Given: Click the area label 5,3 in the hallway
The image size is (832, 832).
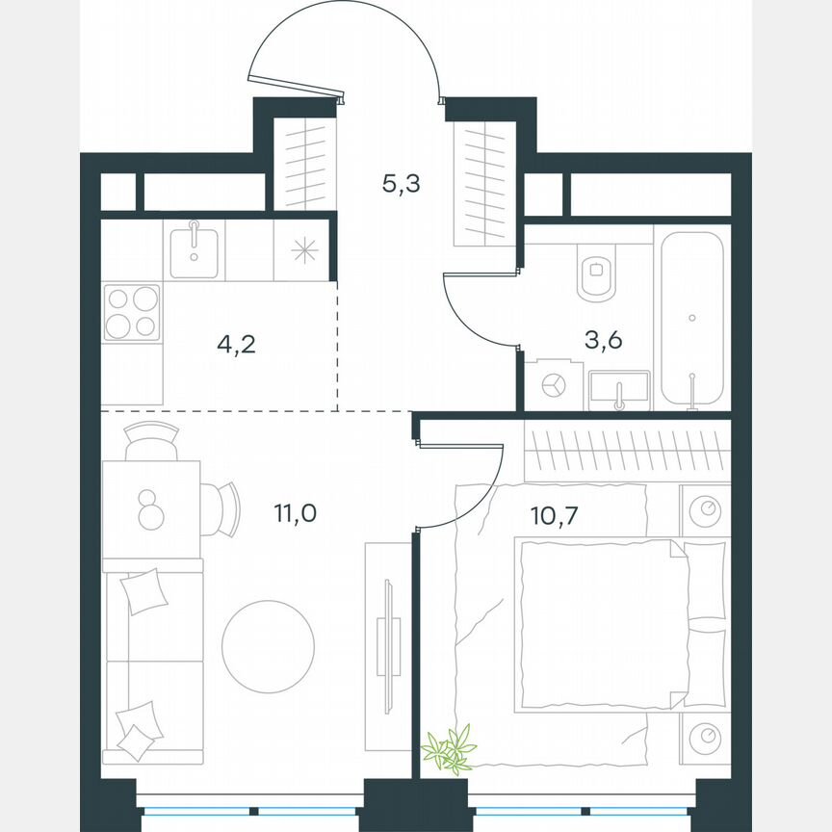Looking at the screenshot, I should pyautogui.click(x=401, y=183).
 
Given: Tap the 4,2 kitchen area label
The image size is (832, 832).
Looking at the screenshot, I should pyautogui.click(x=235, y=344).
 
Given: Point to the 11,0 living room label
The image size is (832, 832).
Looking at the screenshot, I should pyautogui.click(x=295, y=511).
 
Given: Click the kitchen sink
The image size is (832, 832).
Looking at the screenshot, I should pyautogui.click(x=194, y=248).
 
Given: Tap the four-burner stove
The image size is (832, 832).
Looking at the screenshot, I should pyautogui.click(x=131, y=312).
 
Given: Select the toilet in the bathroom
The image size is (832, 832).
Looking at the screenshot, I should pyautogui.click(x=598, y=273).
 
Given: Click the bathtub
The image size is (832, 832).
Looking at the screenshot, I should pyautogui.click(x=691, y=318).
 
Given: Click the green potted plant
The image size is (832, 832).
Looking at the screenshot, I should pyautogui.click(x=450, y=749).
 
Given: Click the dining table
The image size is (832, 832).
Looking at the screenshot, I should pyautogui.click(x=150, y=509).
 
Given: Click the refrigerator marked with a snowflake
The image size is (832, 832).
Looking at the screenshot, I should pyautogui.click(x=304, y=250).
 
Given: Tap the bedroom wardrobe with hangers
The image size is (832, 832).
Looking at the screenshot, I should pyautogui.click(x=627, y=451).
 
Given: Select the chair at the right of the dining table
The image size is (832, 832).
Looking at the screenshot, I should pyautogui.click(x=221, y=509).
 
